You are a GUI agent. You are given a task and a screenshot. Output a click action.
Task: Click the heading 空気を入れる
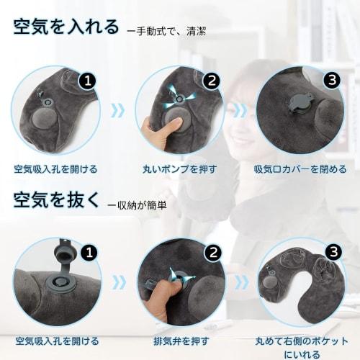66,27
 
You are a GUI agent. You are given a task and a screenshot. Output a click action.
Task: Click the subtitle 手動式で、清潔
170,32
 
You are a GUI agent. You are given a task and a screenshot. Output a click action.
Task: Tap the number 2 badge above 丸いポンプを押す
211,81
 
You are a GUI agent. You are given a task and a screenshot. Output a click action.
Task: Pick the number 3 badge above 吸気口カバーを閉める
333,80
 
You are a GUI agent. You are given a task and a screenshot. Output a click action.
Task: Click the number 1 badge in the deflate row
87,253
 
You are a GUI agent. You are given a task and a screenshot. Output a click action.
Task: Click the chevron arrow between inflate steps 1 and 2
119,111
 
